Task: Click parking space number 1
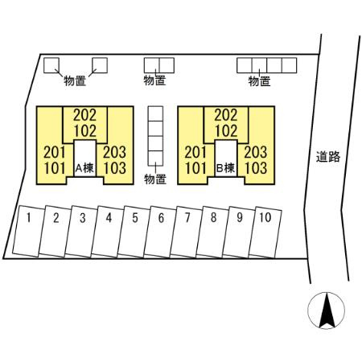(28, 231)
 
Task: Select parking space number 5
(133, 232)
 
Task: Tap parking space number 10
(265, 232)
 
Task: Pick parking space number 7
(186, 232)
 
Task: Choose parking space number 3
(80, 232)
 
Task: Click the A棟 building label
(84, 168)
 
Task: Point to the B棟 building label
(225, 168)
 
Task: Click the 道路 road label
(328, 157)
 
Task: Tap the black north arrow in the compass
(327, 311)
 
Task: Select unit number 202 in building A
(85, 115)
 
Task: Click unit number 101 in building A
(55, 168)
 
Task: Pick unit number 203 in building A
(114, 152)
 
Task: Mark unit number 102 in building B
(226, 131)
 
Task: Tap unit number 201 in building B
(195, 152)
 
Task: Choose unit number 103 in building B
(256, 168)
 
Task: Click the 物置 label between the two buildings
(155, 179)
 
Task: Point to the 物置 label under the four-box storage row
(259, 81)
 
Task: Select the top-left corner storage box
(51, 65)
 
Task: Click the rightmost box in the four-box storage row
(289, 65)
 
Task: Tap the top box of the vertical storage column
(155, 113)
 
